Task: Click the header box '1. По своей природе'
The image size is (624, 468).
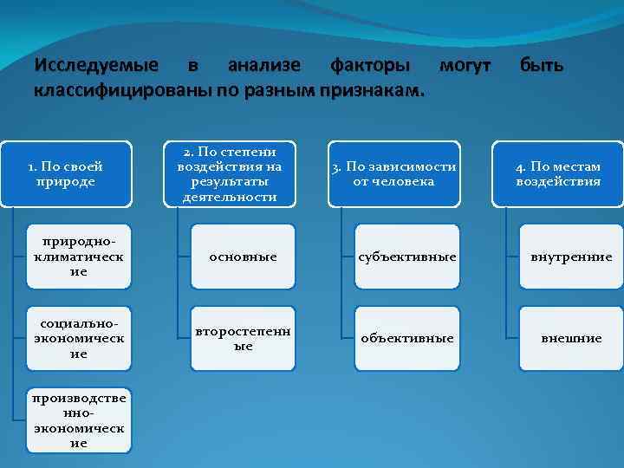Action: [x=66, y=173]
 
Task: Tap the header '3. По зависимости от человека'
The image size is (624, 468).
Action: [x=394, y=173]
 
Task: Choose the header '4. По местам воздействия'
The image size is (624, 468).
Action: [x=557, y=173]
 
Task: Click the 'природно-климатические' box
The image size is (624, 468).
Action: [x=79, y=257]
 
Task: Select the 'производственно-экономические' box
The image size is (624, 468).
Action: [x=79, y=419]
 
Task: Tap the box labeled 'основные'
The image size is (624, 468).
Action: [x=242, y=257]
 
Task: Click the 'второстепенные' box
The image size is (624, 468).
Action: [x=242, y=338]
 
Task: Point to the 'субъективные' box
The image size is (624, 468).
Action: [x=406, y=257]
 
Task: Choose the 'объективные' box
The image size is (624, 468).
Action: [x=406, y=338]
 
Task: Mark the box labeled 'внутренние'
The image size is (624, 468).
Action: [x=571, y=257]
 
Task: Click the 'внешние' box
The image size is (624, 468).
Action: [x=571, y=338]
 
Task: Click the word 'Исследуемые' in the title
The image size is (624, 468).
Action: [x=96, y=66]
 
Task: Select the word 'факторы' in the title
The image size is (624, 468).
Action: [x=366, y=66]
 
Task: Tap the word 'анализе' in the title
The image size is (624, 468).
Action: [x=264, y=66]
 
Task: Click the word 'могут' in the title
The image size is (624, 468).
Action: [x=465, y=66]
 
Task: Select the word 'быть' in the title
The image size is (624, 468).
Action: [x=542, y=66]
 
